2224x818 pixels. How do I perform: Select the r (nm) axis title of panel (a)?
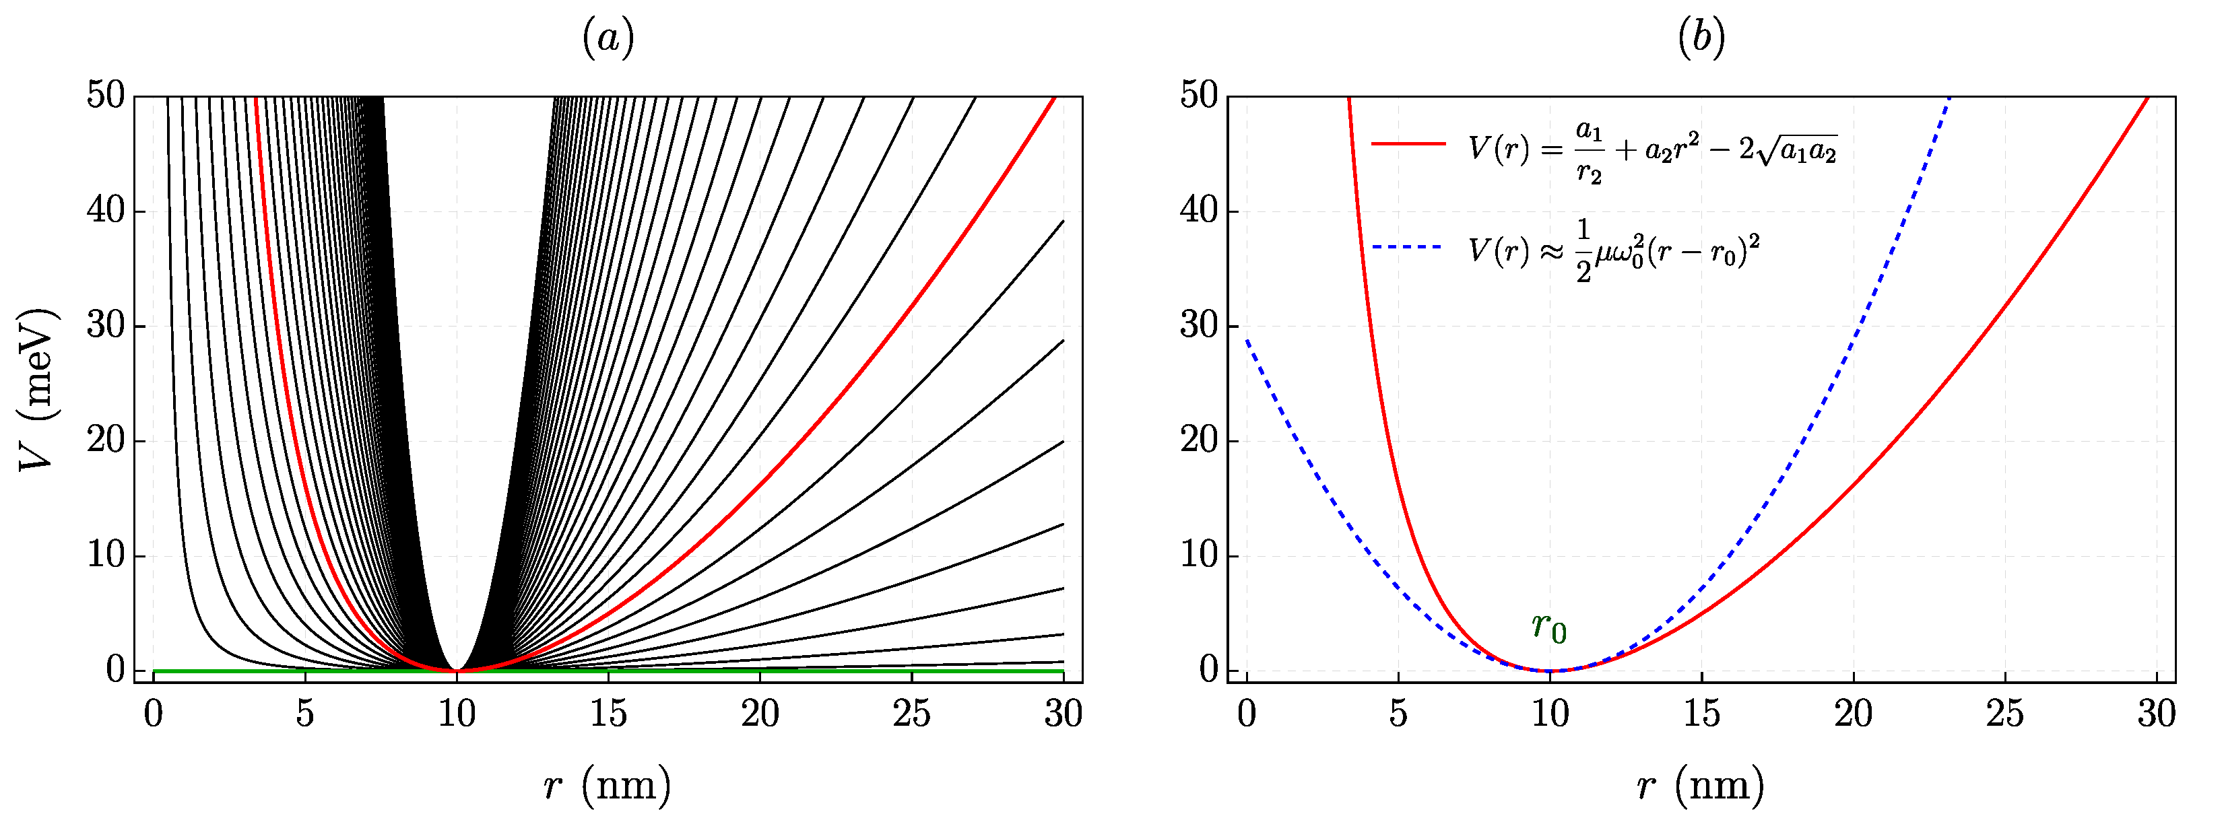point(608,784)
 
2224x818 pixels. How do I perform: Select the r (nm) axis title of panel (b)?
point(1701,784)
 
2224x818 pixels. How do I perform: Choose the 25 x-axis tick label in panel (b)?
point(2004,714)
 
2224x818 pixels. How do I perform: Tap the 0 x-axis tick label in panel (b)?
point(1247,714)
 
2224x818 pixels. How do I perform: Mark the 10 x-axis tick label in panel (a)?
point(457,714)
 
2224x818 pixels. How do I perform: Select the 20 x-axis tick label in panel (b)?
point(1853,714)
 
